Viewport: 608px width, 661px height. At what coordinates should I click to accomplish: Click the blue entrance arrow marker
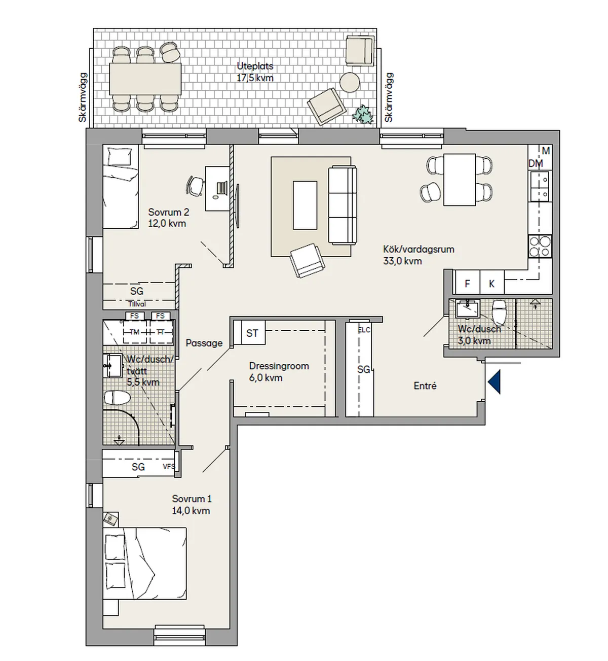tap(495, 381)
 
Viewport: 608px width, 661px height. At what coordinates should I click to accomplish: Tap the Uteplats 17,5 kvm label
tap(255, 72)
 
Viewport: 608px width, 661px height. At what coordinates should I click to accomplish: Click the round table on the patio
tap(349, 82)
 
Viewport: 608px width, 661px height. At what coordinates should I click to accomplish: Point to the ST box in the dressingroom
tap(252, 333)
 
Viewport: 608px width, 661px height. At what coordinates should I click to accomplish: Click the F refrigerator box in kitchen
tap(467, 284)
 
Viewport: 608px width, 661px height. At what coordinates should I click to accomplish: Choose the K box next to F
tap(491, 284)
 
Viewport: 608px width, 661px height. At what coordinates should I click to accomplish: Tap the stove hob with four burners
tap(539, 247)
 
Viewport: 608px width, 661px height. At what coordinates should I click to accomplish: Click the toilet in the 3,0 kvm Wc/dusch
tap(500, 311)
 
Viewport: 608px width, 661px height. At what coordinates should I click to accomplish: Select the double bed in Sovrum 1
tap(144, 563)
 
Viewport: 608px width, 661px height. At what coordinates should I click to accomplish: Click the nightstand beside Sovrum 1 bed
tap(110, 519)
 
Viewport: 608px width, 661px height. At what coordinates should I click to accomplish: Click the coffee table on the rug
tap(305, 205)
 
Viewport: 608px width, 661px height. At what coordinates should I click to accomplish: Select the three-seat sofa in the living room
tap(343, 204)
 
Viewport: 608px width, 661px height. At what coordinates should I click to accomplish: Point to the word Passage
tap(204, 343)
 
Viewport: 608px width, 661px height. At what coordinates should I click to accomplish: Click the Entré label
tap(425, 386)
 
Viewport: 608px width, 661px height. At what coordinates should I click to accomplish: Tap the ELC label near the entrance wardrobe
tap(364, 330)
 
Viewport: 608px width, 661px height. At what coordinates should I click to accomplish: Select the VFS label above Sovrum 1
tap(169, 466)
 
